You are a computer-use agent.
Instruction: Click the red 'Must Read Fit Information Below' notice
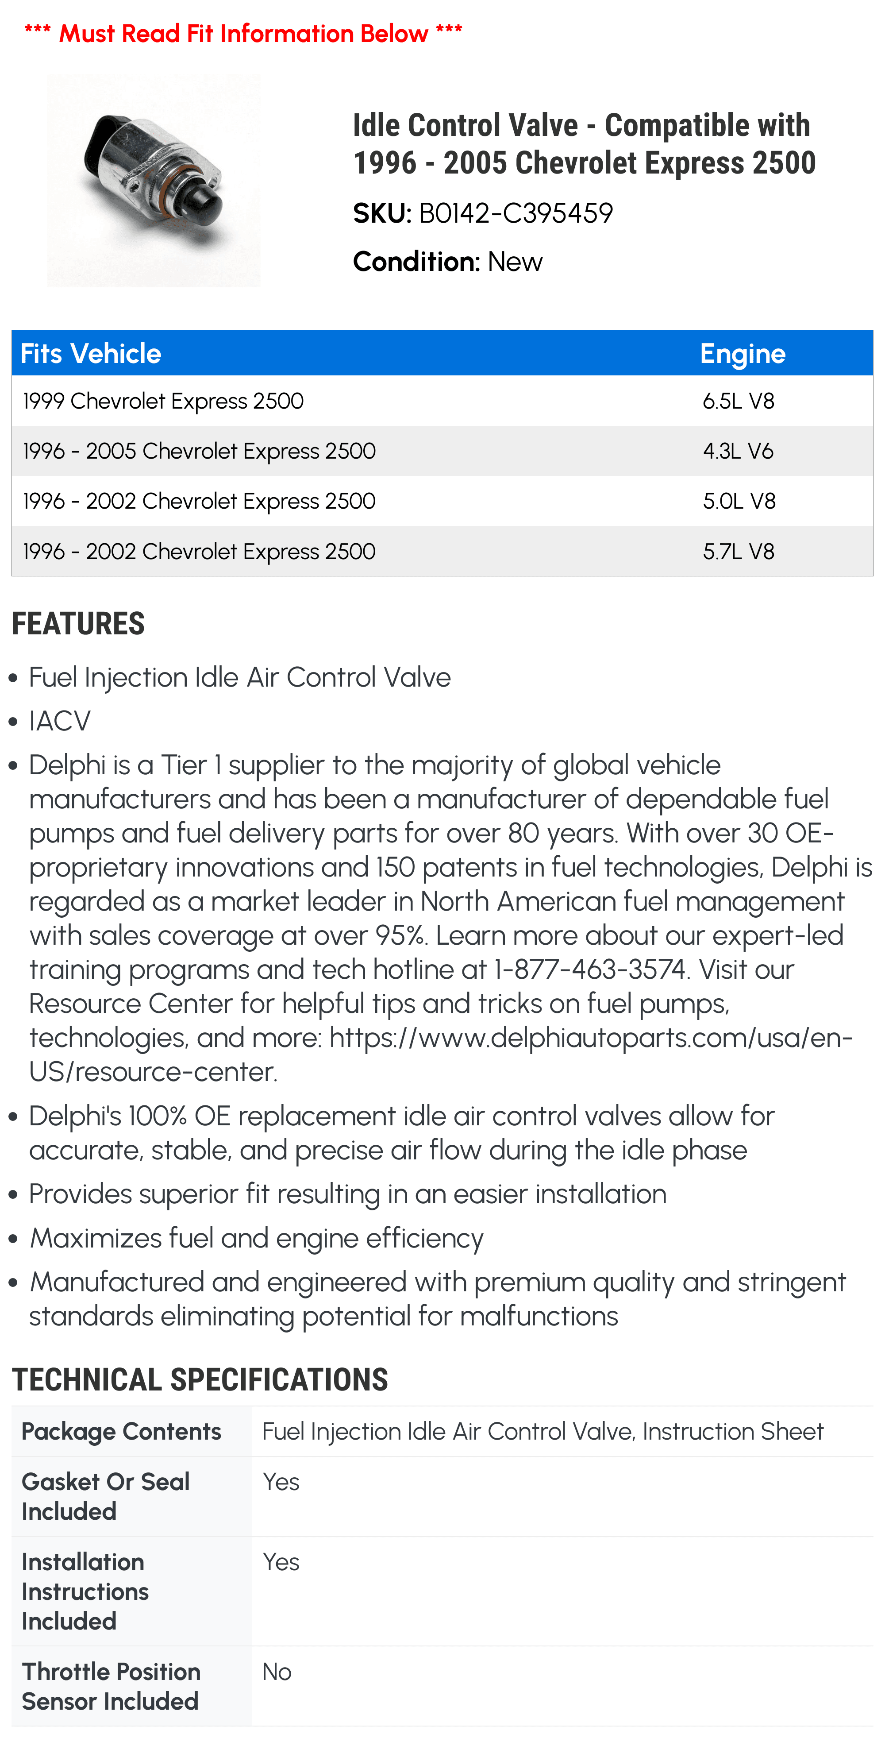pos(243,33)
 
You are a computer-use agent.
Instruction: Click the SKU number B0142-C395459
pos(516,213)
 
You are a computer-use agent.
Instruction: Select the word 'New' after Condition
pos(516,262)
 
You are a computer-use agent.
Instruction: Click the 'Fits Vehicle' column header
pos(91,354)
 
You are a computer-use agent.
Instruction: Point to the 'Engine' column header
pos(743,354)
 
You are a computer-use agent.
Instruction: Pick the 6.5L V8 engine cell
pos(739,401)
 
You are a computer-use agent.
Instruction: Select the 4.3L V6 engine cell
pos(738,451)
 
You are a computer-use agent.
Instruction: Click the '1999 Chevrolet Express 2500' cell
pos(163,401)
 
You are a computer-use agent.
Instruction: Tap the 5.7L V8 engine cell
pos(739,551)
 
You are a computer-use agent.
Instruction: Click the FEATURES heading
pos(78,623)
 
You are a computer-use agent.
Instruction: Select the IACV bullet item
pos(59,721)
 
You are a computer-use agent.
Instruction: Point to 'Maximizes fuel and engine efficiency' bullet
pos(256,1238)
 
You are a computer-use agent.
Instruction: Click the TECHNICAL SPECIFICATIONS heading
pos(200,1380)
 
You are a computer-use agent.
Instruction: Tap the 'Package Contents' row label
pos(121,1432)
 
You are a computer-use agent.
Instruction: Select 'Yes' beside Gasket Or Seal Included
pos(281,1482)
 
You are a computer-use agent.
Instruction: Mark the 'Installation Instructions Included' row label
pos(85,1591)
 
